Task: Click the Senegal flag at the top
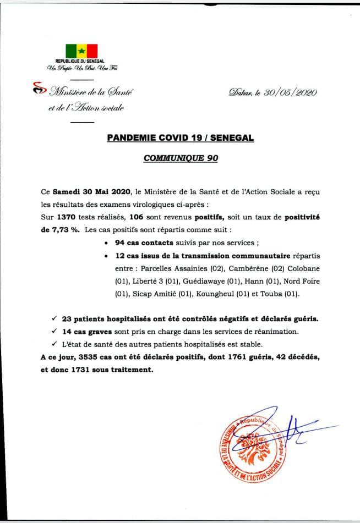point(81,50)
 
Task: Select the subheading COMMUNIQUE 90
point(181,158)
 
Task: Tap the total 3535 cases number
point(91,357)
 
